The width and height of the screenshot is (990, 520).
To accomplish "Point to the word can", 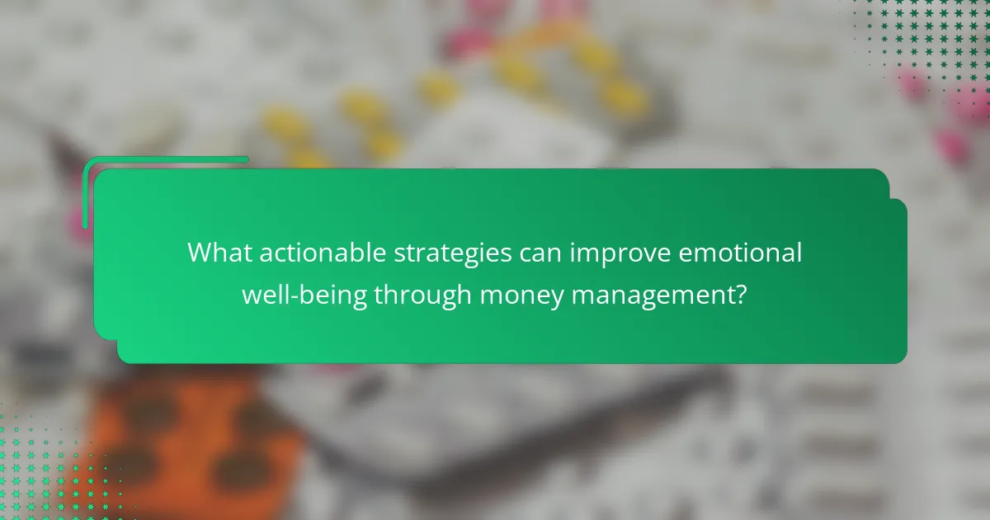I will click(x=537, y=253).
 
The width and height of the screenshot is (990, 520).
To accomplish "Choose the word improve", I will click(x=609, y=254).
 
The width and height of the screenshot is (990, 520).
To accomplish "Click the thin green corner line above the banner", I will click(x=165, y=159).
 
